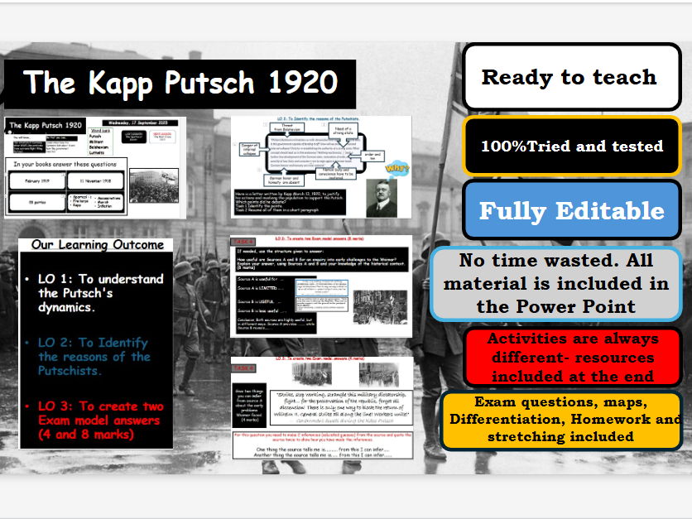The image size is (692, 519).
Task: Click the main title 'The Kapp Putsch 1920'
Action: click(180, 83)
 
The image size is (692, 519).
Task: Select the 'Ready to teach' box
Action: click(569, 77)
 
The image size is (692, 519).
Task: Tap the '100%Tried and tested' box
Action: click(572, 146)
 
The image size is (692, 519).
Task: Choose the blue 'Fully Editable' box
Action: click(571, 210)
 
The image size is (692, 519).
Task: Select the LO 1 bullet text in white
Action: click(99, 292)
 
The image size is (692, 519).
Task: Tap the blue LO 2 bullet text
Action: click(94, 356)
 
